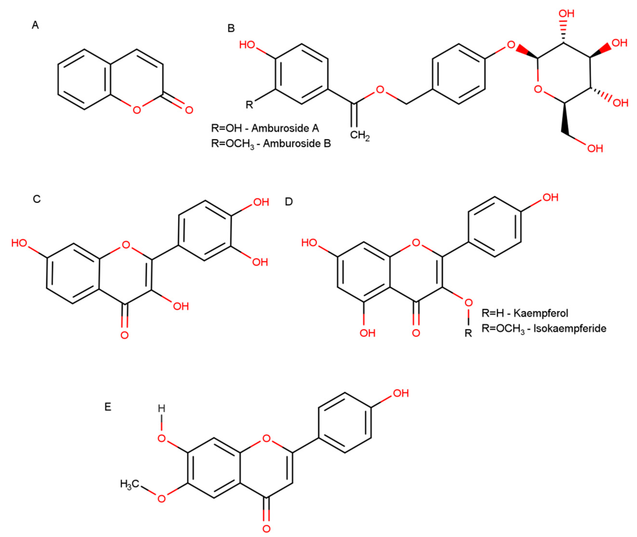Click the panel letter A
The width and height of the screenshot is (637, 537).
pos(35,25)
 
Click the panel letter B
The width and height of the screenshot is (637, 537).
pos(231,29)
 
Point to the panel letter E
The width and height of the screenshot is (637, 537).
pos(108,407)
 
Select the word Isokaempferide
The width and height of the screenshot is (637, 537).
pos(570,329)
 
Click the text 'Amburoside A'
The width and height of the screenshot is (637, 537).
pos(285,128)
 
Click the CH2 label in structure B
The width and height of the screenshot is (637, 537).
pos(359,135)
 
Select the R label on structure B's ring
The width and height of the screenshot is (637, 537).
pos(249,105)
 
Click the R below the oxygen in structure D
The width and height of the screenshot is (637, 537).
pos(468,333)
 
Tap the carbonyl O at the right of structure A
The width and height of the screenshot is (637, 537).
pos(189,110)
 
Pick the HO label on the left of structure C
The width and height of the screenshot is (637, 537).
pos(19,243)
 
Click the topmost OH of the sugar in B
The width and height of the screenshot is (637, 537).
pos(566,14)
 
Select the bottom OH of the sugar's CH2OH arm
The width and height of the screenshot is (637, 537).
pos(595,148)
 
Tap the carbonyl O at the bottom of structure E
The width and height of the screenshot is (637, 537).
pos(266,529)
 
